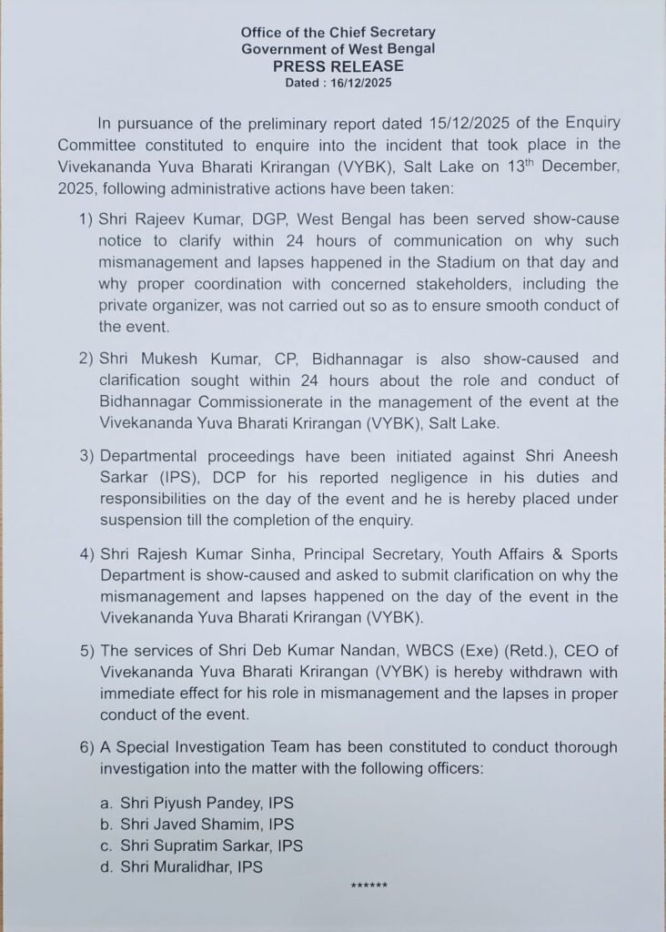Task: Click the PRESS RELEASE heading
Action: (x=332, y=66)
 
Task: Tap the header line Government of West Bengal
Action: (x=332, y=49)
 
